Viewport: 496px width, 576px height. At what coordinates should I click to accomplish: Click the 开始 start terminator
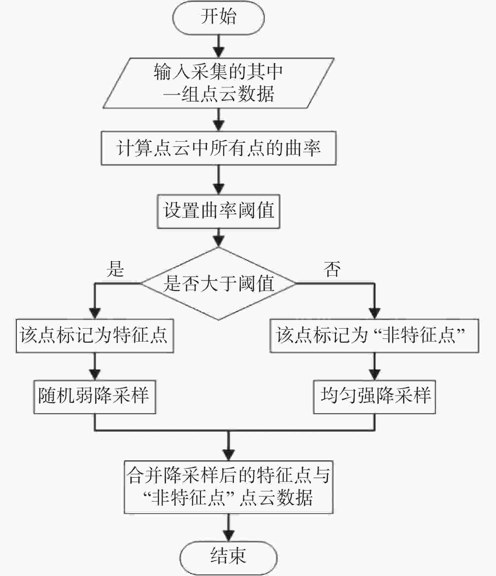(218, 17)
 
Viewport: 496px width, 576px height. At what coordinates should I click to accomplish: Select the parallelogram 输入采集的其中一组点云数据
(218, 83)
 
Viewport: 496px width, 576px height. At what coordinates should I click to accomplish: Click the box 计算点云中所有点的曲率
(218, 148)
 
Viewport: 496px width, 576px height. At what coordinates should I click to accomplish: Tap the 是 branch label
(115, 269)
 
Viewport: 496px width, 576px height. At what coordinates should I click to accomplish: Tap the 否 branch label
(332, 269)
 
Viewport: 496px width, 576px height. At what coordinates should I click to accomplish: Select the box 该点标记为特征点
(95, 336)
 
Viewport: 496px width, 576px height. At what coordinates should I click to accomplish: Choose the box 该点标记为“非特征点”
(374, 336)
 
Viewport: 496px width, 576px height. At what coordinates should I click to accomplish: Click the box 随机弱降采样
(95, 397)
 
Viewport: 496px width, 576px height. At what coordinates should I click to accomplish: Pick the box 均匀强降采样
(374, 397)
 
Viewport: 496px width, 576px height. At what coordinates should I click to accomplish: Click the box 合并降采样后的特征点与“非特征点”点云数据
(229, 487)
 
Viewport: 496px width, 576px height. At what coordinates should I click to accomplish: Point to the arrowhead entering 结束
(229, 536)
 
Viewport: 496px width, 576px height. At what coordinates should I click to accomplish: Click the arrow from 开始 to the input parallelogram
(219, 46)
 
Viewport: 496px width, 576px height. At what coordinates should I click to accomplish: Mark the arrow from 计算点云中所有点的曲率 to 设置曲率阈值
(219, 180)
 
